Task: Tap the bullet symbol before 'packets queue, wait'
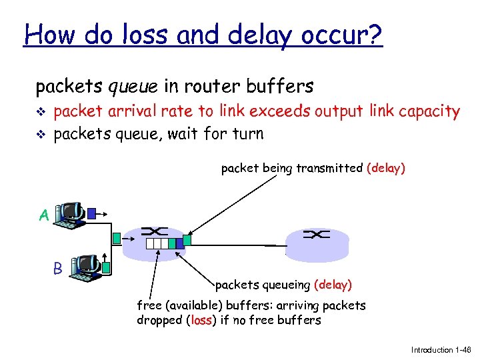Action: pyautogui.click(x=42, y=134)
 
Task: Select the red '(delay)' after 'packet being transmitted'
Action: pyautogui.click(x=386, y=168)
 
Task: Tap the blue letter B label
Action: pyautogui.click(x=58, y=269)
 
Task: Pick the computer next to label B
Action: pyautogui.click(x=84, y=267)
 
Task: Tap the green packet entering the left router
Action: pyautogui.click(x=118, y=237)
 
